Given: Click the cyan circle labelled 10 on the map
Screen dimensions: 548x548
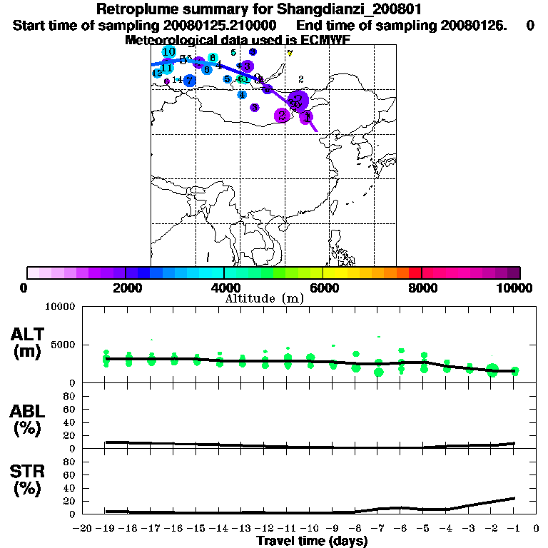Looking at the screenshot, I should (x=169, y=52).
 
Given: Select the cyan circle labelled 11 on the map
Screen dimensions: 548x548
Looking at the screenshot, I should (x=166, y=68).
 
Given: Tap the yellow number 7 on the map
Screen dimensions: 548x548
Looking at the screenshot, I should (x=290, y=53).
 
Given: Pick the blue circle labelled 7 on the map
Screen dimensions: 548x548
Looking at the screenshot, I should (x=189, y=80).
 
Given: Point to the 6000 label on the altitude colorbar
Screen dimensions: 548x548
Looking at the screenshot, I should (x=323, y=288).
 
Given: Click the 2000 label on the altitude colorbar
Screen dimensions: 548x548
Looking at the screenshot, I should (x=125, y=288).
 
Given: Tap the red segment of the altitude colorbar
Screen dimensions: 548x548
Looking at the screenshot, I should (x=415, y=273).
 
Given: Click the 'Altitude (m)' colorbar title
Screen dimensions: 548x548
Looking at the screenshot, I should (x=264, y=298).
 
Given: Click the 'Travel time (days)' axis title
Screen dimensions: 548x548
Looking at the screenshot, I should (x=312, y=542).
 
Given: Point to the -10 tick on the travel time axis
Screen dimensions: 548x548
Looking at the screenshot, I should (x=310, y=529).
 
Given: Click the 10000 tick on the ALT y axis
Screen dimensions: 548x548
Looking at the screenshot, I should (x=61, y=307).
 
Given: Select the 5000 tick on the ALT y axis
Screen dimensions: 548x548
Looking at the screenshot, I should (x=64, y=345).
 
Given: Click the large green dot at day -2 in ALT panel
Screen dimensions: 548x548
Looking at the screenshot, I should (x=492, y=370).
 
